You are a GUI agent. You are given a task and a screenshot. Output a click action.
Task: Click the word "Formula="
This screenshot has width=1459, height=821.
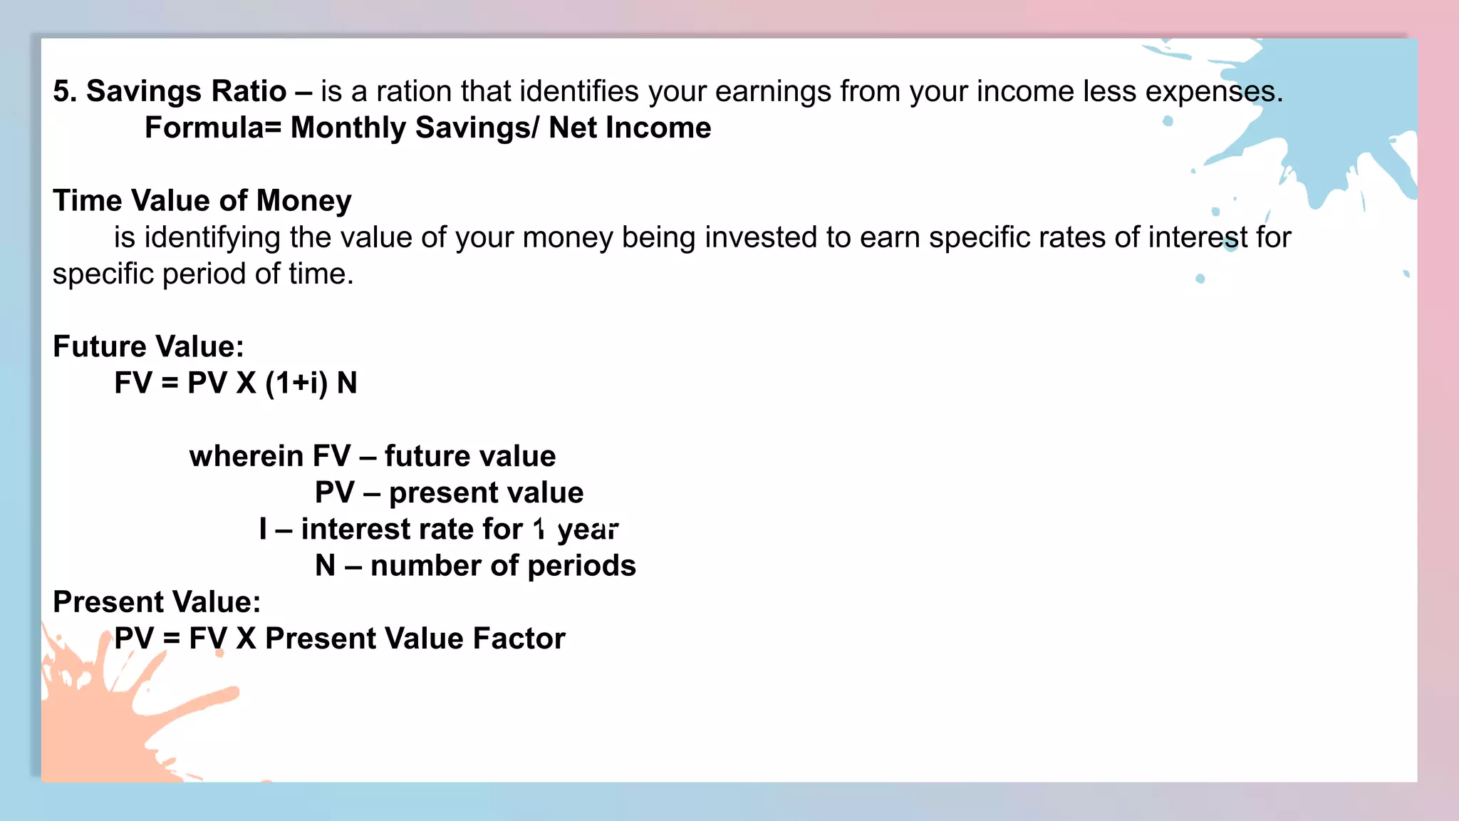(213, 128)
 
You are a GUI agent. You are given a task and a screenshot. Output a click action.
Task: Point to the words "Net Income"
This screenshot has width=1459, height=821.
(630, 128)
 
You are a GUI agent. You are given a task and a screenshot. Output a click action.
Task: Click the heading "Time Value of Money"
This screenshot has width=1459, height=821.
(202, 201)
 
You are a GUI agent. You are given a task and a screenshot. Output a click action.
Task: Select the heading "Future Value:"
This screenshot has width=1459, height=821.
(148, 347)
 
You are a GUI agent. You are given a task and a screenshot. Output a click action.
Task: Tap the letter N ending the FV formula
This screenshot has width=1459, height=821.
(347, 383)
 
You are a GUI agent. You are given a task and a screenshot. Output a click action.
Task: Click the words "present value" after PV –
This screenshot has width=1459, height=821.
(486, 492)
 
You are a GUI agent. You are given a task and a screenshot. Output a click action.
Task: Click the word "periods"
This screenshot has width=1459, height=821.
(581, 566)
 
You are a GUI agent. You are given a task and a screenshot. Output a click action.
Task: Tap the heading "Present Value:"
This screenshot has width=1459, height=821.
(157, 602)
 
